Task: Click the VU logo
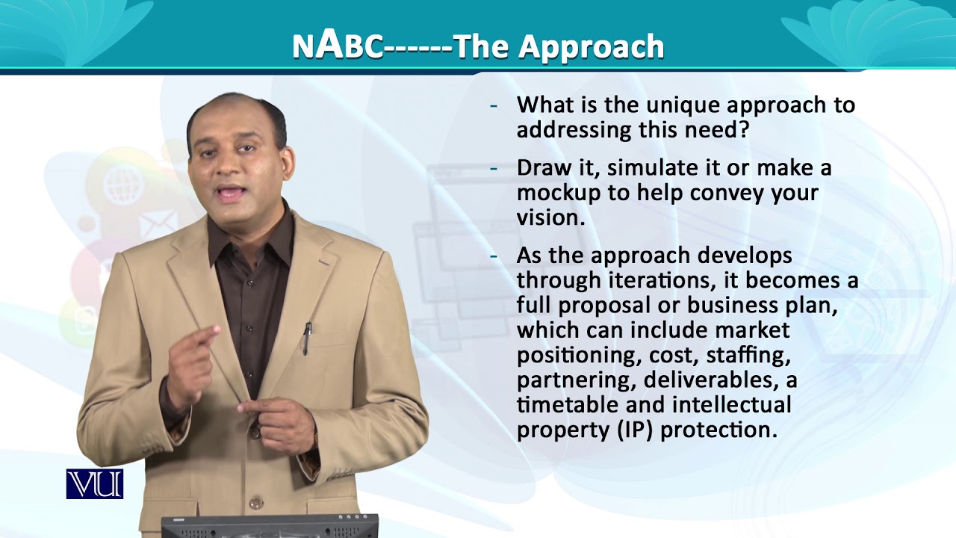[x=94, y=483]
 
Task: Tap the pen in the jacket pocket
[x=306, y=338]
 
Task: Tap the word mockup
[x=556, y=193]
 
